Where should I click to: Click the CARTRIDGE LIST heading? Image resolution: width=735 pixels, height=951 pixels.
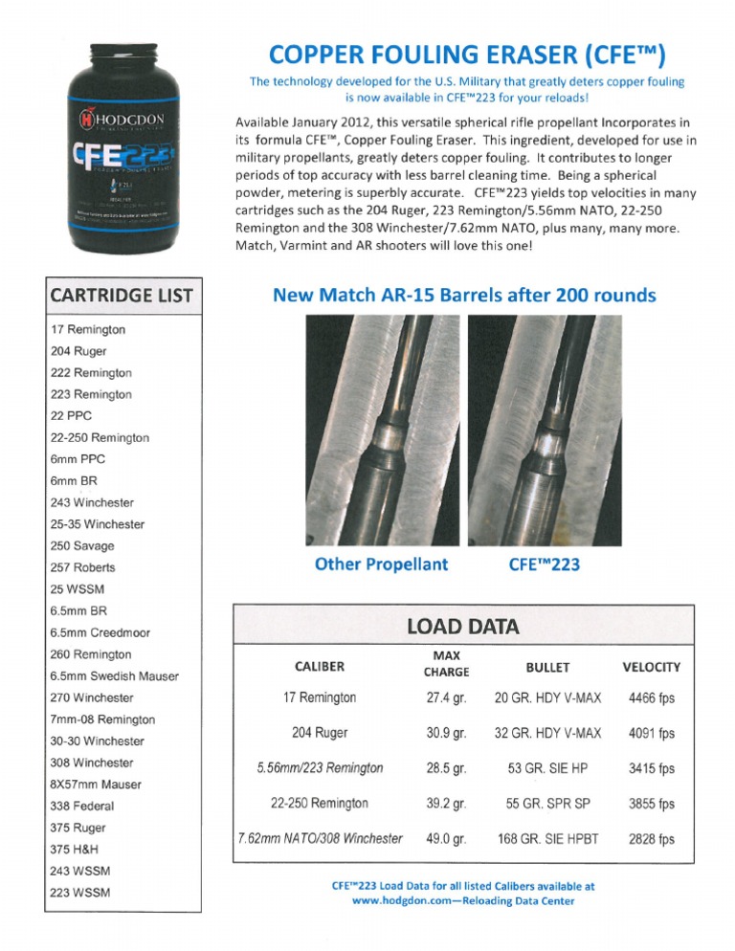[x=122, y=295]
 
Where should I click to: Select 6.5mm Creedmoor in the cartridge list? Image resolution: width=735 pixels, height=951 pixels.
[x=100, y=632]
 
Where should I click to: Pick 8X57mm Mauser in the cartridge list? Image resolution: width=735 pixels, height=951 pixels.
[x=95, y=785]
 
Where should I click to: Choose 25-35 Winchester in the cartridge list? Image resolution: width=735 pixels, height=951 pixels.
[x=97, y=524]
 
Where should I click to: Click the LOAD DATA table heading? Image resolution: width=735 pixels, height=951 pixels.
[x=462, y=627]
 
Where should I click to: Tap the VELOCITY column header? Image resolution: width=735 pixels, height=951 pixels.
[x=651, y=667]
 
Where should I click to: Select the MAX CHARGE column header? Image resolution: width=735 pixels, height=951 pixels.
[x=446, y=664]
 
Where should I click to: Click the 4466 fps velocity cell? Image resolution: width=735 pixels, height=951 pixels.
[x=651, y=698]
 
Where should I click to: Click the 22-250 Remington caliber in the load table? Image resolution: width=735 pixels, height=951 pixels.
[x=320, y=803]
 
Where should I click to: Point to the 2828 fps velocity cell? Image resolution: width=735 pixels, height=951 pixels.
[x=651, y=839]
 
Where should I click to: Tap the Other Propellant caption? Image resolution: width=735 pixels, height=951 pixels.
[x=381, y=564]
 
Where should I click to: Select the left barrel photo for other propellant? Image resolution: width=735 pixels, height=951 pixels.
[x=381, y=431]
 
